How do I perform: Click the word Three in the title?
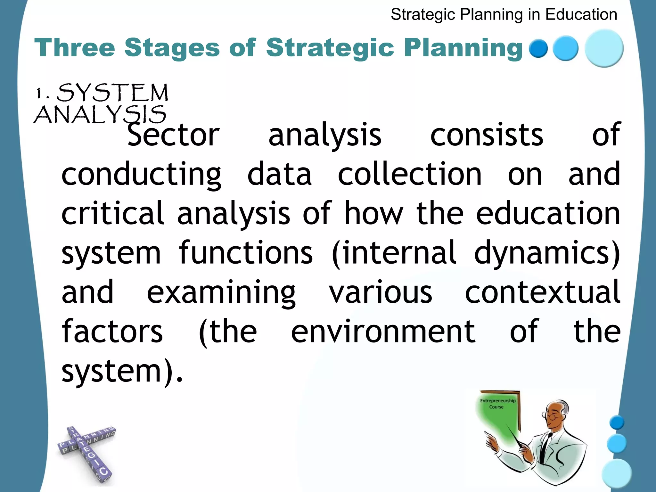pos(74,48)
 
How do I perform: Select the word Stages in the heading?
pos(172,48)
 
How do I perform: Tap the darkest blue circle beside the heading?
pos(538,48)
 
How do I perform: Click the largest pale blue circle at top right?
pos(604,48)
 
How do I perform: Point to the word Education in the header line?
pos(581,15)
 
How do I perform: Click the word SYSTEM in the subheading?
pos(112,93)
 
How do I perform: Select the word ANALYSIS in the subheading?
pos(100,115)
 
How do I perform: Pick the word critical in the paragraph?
pos(112,213)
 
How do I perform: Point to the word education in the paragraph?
pos(548,213)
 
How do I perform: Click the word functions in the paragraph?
pos(246,253)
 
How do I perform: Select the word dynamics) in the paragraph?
pos(547,253)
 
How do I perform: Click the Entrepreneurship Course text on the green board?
pos(497,404)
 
